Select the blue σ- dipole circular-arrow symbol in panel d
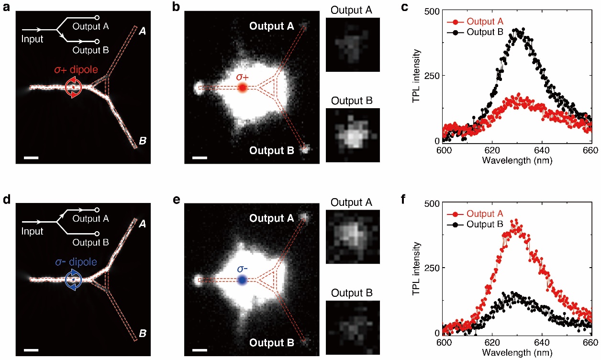(75, 280)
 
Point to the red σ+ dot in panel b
(242, 87)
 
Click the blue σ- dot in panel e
(242, 280)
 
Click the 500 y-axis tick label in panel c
(431, 11)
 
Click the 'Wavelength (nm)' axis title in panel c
(517, 160)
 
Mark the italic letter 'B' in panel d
(143, 334)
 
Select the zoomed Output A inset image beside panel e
(353, 237)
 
